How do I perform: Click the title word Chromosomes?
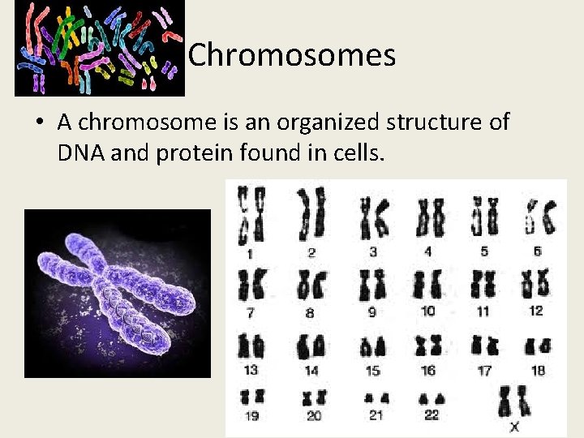click(x=292, y=55)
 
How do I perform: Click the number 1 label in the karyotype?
click(x=250, y=254)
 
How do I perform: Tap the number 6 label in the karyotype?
click(x=537, y=251)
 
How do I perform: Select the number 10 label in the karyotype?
click(x=428, y=311)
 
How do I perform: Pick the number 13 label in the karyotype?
click(x=251, y=370)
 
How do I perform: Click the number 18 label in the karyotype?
click(x=537, y=370)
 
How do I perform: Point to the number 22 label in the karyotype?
click(x=432, y=414)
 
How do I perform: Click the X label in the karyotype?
click(x=514, y=427)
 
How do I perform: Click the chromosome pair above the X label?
click(x=513, y=401)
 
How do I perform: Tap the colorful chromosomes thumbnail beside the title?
click(x=99, y=48)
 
